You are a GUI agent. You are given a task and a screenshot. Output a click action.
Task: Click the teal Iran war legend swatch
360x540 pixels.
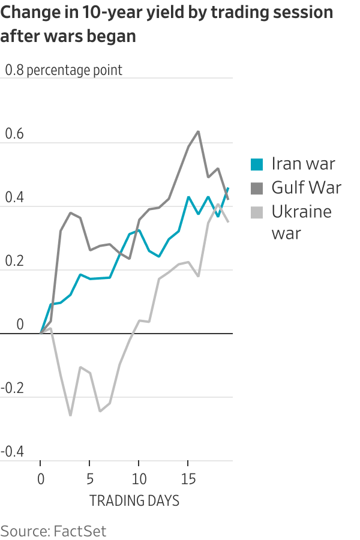257,164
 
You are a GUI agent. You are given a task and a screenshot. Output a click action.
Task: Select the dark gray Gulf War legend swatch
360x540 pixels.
257,188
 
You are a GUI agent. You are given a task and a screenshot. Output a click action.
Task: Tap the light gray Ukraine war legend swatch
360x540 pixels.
257,212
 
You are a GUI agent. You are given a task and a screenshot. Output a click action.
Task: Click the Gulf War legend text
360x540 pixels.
306,188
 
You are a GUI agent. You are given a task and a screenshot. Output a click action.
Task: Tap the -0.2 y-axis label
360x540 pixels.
12,388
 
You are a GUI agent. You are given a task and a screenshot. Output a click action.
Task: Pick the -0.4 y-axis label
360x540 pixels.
12,452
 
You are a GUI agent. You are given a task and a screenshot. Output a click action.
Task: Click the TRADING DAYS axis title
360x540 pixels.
134,501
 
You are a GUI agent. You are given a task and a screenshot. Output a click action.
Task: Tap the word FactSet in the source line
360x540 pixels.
80,530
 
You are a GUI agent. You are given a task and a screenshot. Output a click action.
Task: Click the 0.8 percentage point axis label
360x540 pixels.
64,70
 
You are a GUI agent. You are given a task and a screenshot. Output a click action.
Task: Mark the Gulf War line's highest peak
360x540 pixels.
198,131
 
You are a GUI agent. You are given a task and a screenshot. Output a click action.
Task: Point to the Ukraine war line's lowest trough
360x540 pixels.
70,415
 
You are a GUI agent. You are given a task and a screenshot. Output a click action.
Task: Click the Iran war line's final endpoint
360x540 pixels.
228,188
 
